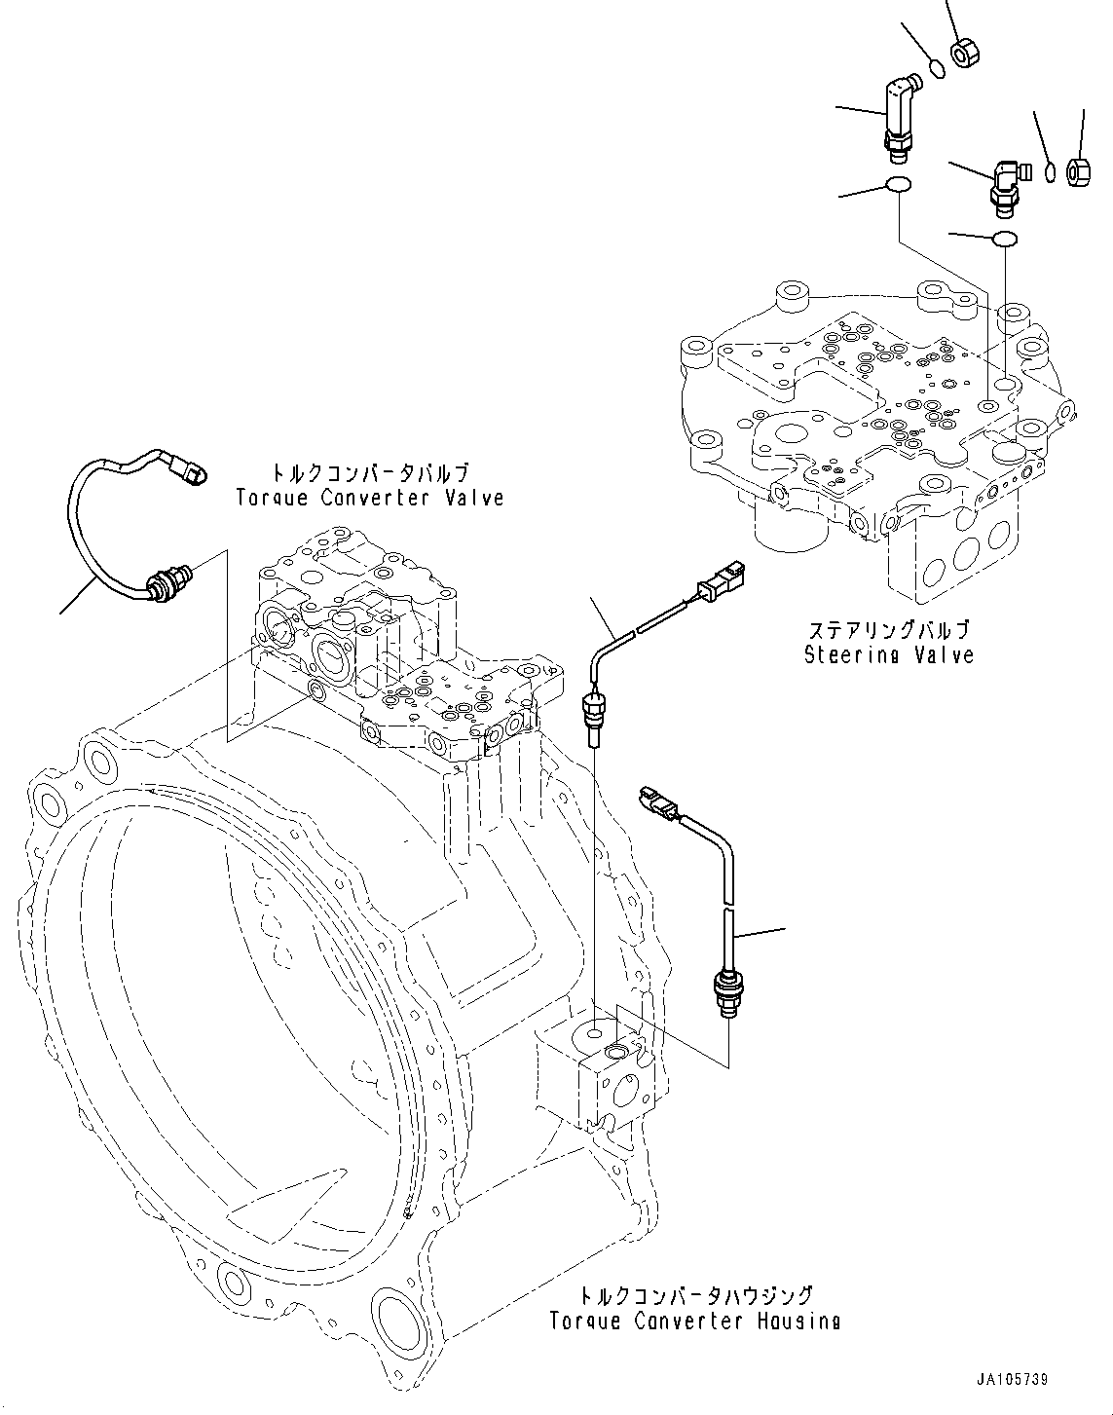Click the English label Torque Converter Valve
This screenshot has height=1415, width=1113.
tap(370, 498)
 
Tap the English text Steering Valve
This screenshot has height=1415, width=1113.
tap(888, 654)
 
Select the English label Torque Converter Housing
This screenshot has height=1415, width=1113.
tap(695, 1322)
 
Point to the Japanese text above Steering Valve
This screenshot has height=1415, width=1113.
tap(888, 629)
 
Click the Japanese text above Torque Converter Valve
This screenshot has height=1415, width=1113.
tap(370, 473)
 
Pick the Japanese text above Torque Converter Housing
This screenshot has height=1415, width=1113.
tap(695, 1296)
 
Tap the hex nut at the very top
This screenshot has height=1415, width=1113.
tap(965, 50)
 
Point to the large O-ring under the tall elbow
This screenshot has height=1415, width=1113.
tap(898, 186)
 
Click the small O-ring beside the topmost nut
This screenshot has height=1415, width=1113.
tap(936, 68)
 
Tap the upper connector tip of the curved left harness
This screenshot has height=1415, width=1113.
tap(192, 472)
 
